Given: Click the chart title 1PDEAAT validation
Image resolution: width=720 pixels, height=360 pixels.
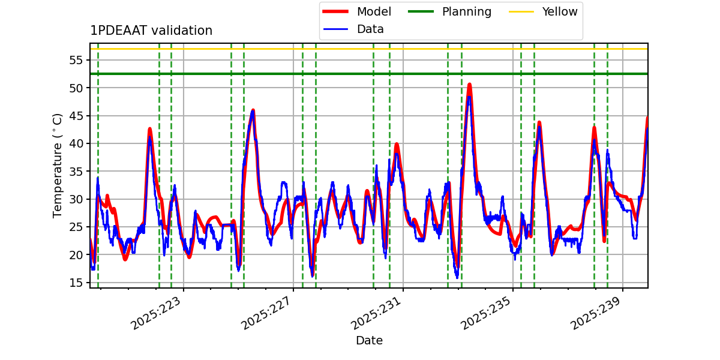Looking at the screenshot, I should click(x=151, y=31).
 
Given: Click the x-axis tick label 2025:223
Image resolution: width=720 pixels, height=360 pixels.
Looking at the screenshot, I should click(x=157, y=313).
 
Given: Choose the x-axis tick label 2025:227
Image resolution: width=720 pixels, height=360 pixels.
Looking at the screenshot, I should click(x=267, y=313).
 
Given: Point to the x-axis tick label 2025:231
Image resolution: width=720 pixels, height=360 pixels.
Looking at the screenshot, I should click(x=377, y=313).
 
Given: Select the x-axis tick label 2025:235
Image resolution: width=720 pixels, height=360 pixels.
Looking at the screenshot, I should click(x=487, y=313).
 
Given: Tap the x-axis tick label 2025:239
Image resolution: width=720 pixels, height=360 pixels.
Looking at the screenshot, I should click(x=596, y=313).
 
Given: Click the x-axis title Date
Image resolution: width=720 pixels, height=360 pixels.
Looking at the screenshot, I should click(x=369, y=341).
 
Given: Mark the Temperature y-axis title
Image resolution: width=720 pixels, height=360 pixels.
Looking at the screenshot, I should click(x=58, y=165).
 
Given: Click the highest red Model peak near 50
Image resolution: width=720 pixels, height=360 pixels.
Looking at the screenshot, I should click(x=469, y=85).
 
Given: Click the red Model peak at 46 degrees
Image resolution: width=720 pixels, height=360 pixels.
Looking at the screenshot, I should click(x=253, y=110).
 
